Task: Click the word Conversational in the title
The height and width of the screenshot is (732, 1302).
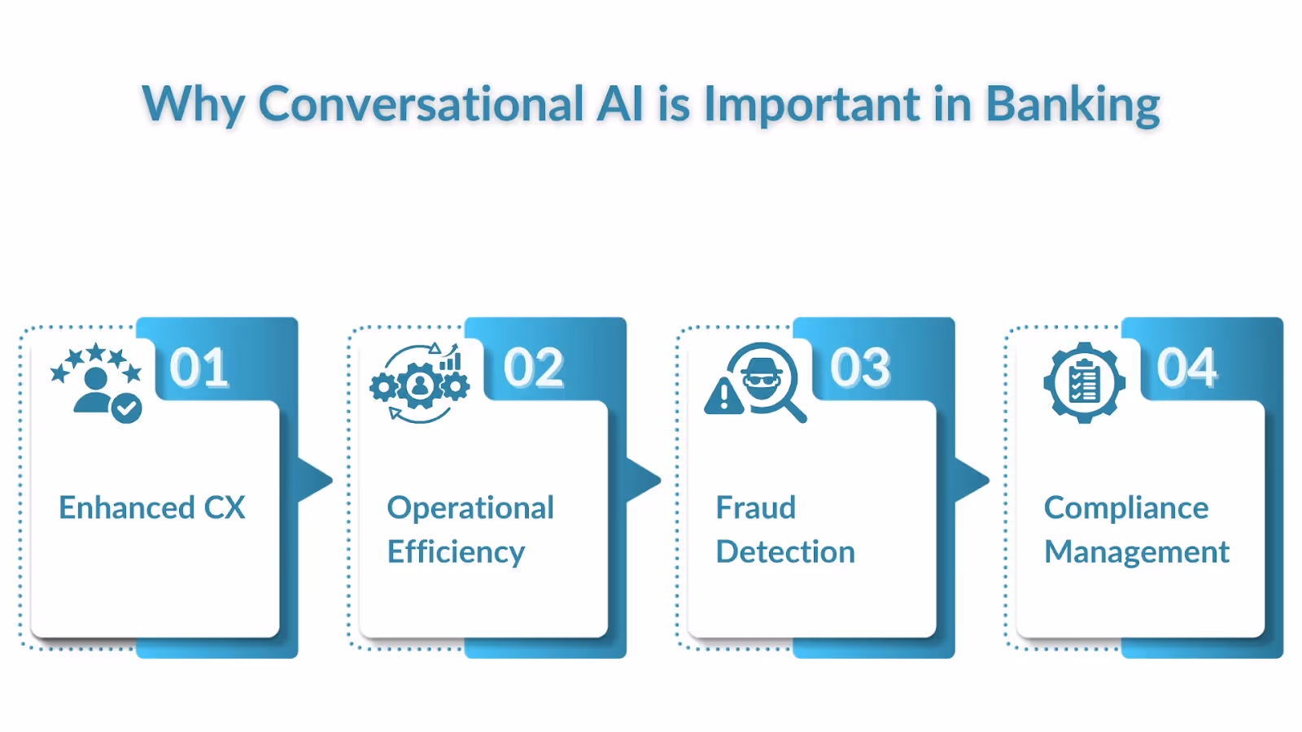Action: pos(421,104)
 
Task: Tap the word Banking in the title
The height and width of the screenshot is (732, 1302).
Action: pos(1073,106)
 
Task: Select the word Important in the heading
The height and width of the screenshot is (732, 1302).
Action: pos(811,106)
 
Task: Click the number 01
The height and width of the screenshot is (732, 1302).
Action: pos(199,368)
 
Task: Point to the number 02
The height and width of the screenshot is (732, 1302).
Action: pos(534,368)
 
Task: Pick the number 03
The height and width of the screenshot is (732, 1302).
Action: pos(861,368)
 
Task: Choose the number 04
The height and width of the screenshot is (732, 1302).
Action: pos(1187,368)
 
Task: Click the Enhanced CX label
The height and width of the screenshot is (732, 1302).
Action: pos(152,508)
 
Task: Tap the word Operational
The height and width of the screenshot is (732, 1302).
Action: pos(470,508)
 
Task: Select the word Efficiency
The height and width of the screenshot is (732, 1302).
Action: pos(456,552)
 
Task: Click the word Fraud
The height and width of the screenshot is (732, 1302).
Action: pos(755,508)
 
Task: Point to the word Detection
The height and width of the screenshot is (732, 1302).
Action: pos(785,552)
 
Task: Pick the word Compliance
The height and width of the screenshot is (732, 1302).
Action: pos(1126,508)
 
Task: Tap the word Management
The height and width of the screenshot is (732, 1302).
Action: pos(1137,552)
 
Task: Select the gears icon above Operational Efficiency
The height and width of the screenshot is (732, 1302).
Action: pos(420,384)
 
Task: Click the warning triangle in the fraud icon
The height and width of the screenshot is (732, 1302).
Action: pos(723,397)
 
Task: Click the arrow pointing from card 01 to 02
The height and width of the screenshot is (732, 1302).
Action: pos(316,480)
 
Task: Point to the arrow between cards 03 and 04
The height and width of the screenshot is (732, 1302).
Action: pos(972,480)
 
